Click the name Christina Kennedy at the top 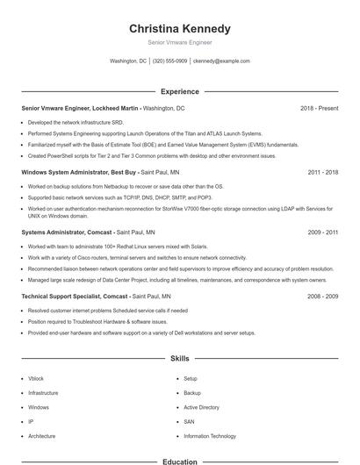179,28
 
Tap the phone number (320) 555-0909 169,61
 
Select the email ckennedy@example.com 221,61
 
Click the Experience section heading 179,91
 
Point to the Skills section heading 179,359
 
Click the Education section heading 179,461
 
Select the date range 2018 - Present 319,108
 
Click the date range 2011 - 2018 323,173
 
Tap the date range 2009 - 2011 323,232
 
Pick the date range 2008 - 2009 323,297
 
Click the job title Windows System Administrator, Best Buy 79,173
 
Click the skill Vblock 36,378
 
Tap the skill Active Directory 201,407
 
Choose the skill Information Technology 210,436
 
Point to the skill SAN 189,422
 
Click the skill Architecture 41,436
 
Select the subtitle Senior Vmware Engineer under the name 179,41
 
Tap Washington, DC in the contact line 128,61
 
